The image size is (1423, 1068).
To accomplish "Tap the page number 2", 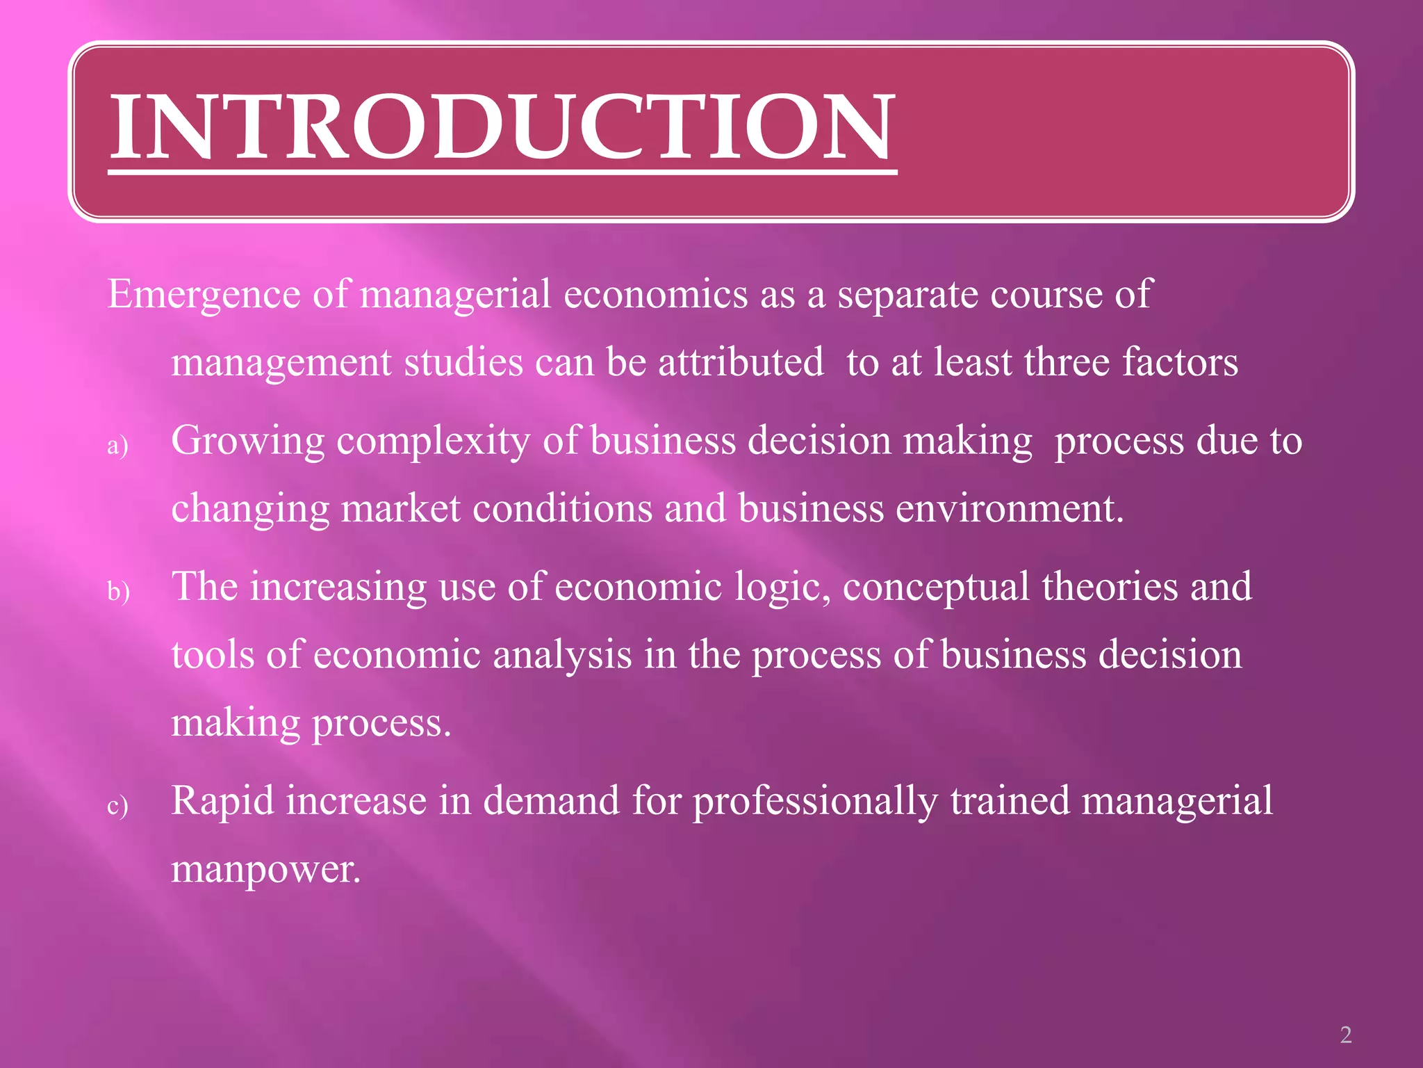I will pyautogui.click(x=1346, y=1035).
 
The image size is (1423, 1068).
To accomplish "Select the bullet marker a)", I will pyautogui.click(x=118, y=446).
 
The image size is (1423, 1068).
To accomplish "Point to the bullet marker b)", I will pyautogui.click(x=119, y=591).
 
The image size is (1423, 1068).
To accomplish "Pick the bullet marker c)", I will pyautogui.click(x=118, y=806).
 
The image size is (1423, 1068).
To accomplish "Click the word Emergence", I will pyautogui.click(x=204, y=295).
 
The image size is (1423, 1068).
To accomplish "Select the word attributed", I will pyautogui.click(x=741, y=362).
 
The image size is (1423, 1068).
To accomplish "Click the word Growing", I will pyautogui.click(x=248, y=442).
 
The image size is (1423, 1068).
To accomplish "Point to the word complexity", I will pyautogui.click(x=434, y=442).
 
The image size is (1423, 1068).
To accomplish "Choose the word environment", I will pyautogui.click(x=1009, y=508).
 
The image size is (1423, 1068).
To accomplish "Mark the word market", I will pyautogui.click(x=401, y=508).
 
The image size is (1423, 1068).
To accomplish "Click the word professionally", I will pyautogui.click(x=815, y=802).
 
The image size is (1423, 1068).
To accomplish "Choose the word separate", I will pyautogui.click(x=907, y=295).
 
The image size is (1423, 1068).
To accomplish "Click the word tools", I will pyautogui.click(x=213, y=654).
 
